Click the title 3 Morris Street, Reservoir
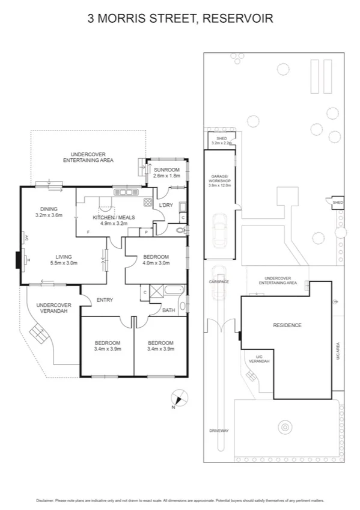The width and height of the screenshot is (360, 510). tap(180, 19)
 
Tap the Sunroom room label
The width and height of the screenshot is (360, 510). tap(166, 173)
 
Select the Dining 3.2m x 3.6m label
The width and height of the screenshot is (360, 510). tap(49, 212)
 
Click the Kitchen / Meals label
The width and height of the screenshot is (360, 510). tap(113, 220)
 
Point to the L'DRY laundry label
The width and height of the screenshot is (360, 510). tap(165, 206)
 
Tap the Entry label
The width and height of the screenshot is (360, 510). tap(105, 300)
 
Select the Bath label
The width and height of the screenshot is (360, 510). tap(169, 310)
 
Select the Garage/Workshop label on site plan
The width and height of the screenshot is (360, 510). tap(220, 182)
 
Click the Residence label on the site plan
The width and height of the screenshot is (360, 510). tap(287, 325)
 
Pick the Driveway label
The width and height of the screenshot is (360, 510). tap(219, 431)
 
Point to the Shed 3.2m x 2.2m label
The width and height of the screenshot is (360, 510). tap(221, 141)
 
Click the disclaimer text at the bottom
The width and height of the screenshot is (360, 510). tap(180, 500)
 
